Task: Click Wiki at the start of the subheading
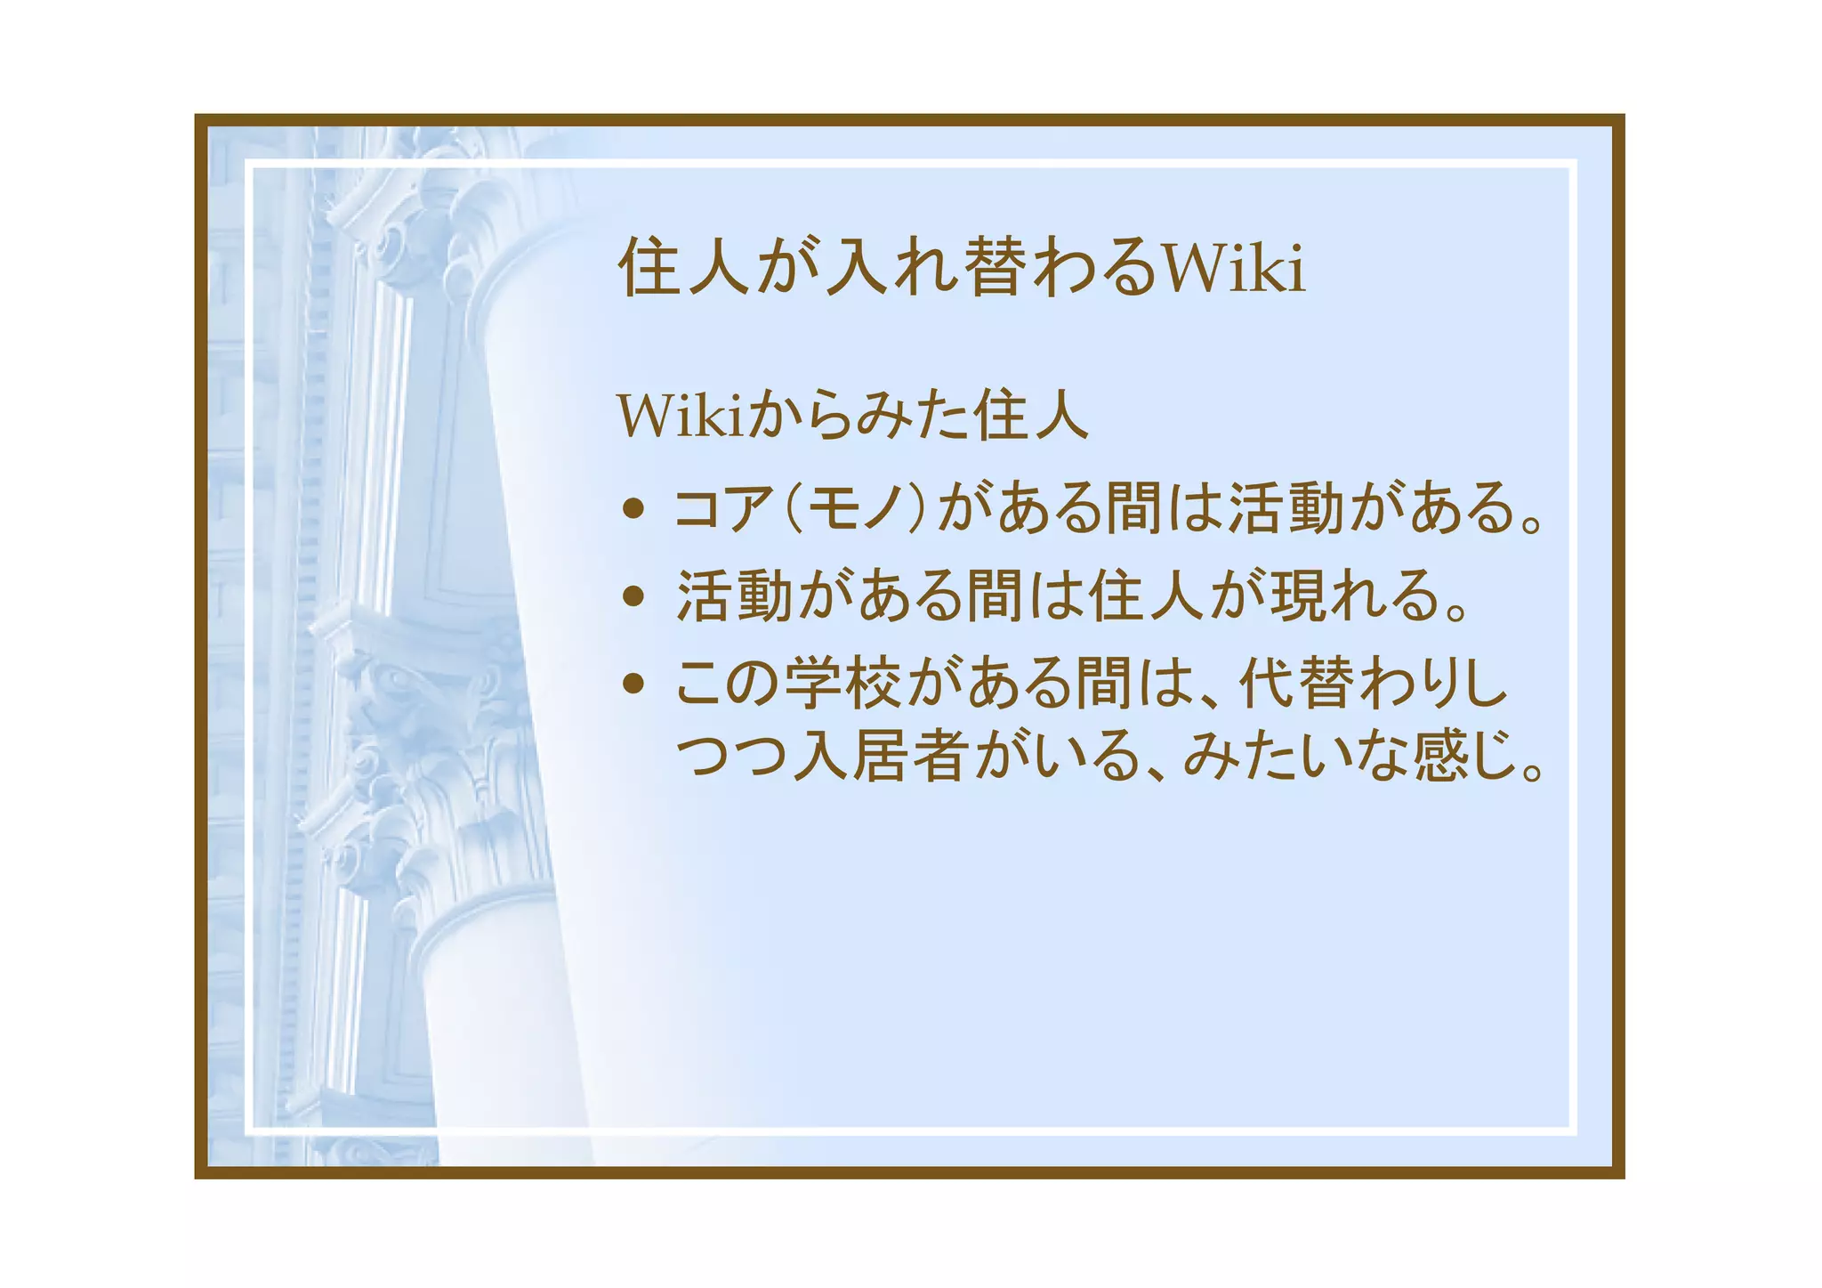pos(681,416)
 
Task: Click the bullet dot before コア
pos(633,509)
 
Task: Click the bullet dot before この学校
pos(633,684)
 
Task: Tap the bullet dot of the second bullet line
pos(633,595)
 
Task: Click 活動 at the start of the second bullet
pos(734,595)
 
